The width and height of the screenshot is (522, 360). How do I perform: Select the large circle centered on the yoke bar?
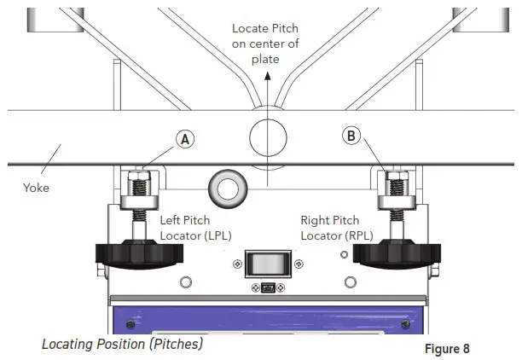(x=270, y=136)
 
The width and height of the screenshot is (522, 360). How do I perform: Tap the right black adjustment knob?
(x=398, y=253)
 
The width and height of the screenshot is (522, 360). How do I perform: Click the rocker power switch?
(x=268, y=264)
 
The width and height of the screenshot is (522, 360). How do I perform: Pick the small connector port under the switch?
(x=268, y=287)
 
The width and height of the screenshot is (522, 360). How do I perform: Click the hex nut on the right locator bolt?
(x=397, y=183)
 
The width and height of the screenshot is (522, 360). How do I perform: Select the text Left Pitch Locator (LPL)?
(x=195, y=227)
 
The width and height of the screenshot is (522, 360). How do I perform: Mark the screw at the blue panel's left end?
(x=130, y=324)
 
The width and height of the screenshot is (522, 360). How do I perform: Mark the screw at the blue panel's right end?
(x=404, y=324)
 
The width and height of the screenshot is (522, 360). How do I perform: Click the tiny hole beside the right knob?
(x=345, y=254)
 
